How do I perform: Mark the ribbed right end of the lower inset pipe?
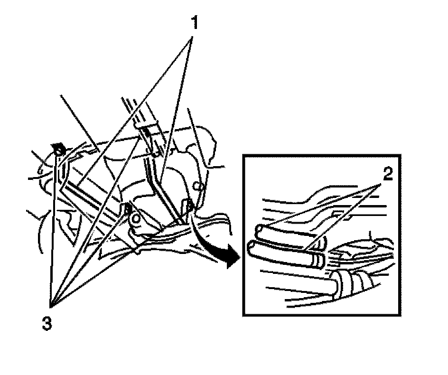pyautogui.click(x=317, y=259)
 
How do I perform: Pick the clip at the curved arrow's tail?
pyautogui.click(x=188, y=206)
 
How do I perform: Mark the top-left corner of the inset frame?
pyautogui.click(x=243, y=154)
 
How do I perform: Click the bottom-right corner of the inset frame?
pyautogui.click(x=401, y=315)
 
